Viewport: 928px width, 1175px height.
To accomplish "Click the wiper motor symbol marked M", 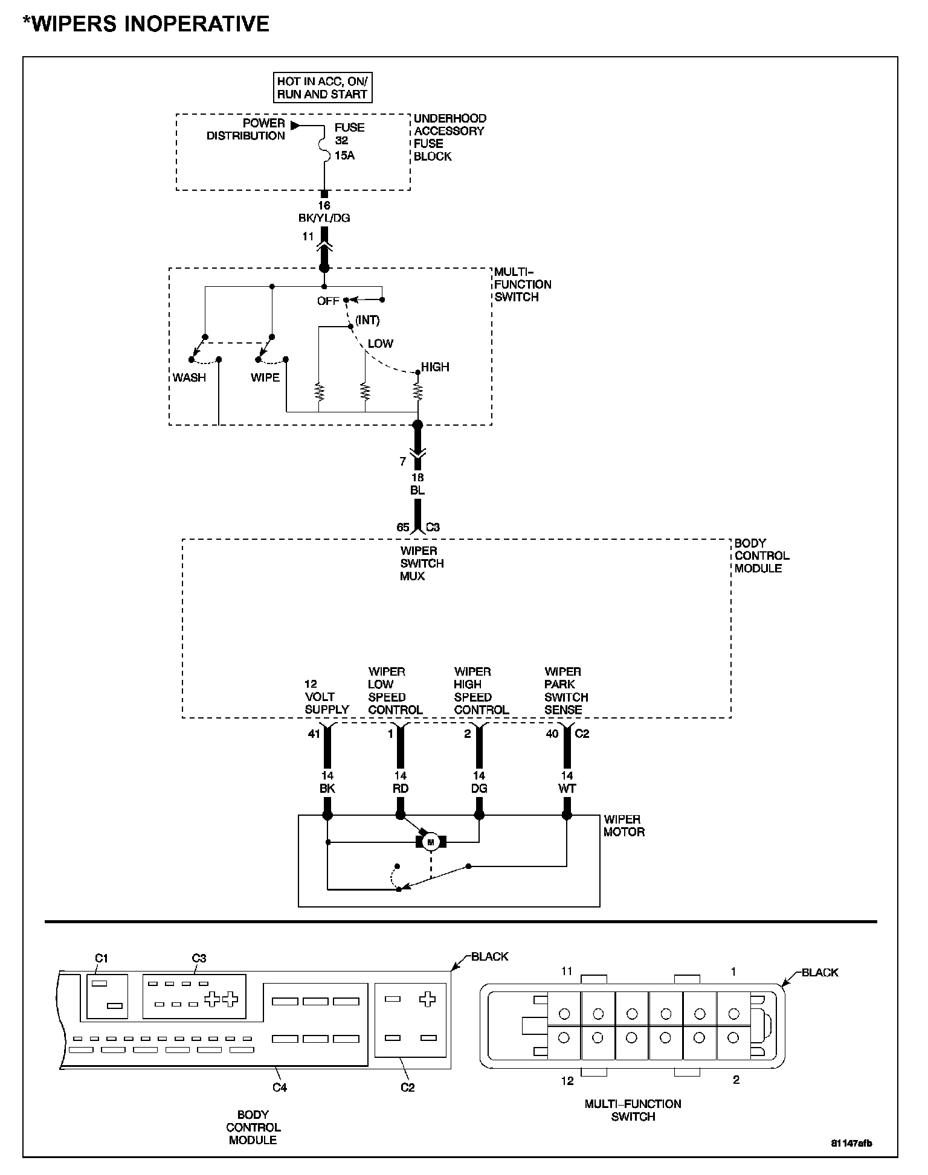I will (x=431, y=842).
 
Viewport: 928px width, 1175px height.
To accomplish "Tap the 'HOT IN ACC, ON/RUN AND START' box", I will (x=322, y=88).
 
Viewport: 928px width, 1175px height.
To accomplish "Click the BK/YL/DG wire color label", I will (x=324, y=218).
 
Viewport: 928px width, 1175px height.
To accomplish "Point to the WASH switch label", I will (x=189, y=378).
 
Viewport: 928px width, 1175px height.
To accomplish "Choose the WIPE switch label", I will (x=265, y=378).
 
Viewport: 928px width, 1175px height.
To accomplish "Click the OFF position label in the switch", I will (x=328, y=301).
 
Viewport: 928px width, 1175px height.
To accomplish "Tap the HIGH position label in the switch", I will (x=435, y=367).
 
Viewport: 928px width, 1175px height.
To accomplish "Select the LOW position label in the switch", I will (x=381, y=344).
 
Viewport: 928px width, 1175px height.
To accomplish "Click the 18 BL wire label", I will (x=417, y=484).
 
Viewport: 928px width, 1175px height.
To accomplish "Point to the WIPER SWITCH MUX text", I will (x=422, y=563).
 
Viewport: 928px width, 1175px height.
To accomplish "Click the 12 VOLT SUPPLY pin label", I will (x=327, y=697).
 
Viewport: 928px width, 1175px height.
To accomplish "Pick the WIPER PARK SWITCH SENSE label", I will (x=566, y=691).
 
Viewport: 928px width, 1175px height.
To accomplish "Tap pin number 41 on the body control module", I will (x=314, y=734).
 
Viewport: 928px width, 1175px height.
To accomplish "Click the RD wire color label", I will (x=401, y=789).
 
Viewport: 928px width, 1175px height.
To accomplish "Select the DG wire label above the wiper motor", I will (x=479, y=789).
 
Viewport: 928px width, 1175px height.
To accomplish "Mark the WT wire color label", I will (x=567, y=789).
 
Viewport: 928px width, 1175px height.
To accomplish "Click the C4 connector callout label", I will (x=279, y=1087).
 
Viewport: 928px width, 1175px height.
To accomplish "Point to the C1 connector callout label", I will (x=101, y=958).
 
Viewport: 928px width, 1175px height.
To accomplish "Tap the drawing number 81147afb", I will (x=851, y=1144).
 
